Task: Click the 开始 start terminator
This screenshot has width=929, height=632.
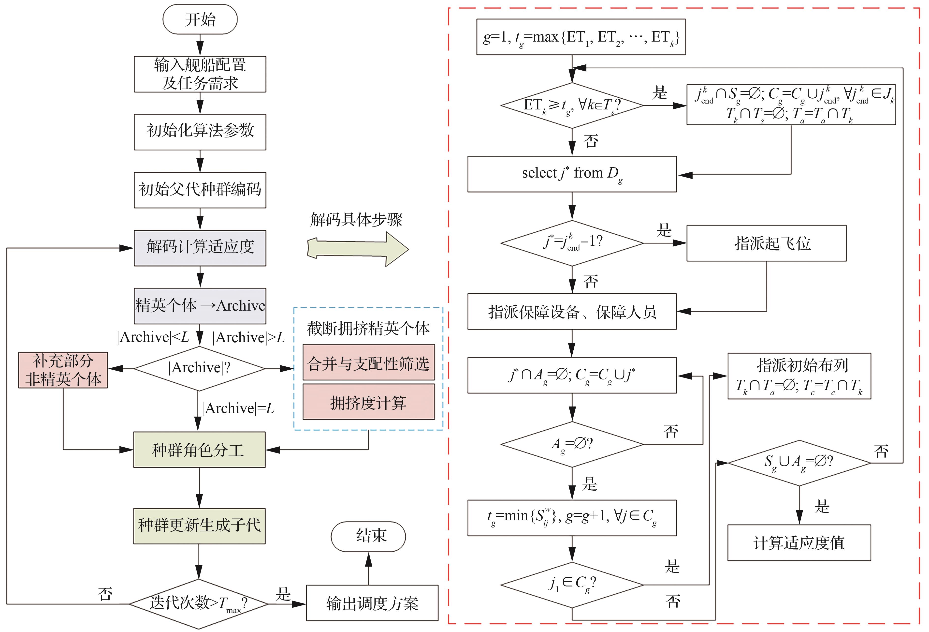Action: (200, 19)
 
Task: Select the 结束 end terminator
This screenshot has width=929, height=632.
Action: (368, 536)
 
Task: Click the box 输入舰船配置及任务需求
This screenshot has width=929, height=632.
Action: (200, 74)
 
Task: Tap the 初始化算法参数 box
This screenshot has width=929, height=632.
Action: (200, 132)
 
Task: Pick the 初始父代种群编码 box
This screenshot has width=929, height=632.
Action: (200, 190)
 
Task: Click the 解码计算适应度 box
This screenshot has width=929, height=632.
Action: (200, 248)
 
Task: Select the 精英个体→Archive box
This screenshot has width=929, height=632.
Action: (200, 306)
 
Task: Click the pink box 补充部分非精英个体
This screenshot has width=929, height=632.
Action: (63, 370)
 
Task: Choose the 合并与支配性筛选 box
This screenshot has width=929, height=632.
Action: (369, 362)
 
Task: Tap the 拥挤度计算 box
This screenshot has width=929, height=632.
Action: (369, 402)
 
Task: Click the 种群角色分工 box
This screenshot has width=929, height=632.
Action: (200, 450)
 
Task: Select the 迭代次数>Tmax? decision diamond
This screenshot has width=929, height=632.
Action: (199, 604)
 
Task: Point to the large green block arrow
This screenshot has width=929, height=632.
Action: (358, 249)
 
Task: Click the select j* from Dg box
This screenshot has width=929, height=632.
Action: (572, 174)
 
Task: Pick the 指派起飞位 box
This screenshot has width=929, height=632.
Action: (766, 243)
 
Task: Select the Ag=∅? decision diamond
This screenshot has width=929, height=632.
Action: (572, 444)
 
